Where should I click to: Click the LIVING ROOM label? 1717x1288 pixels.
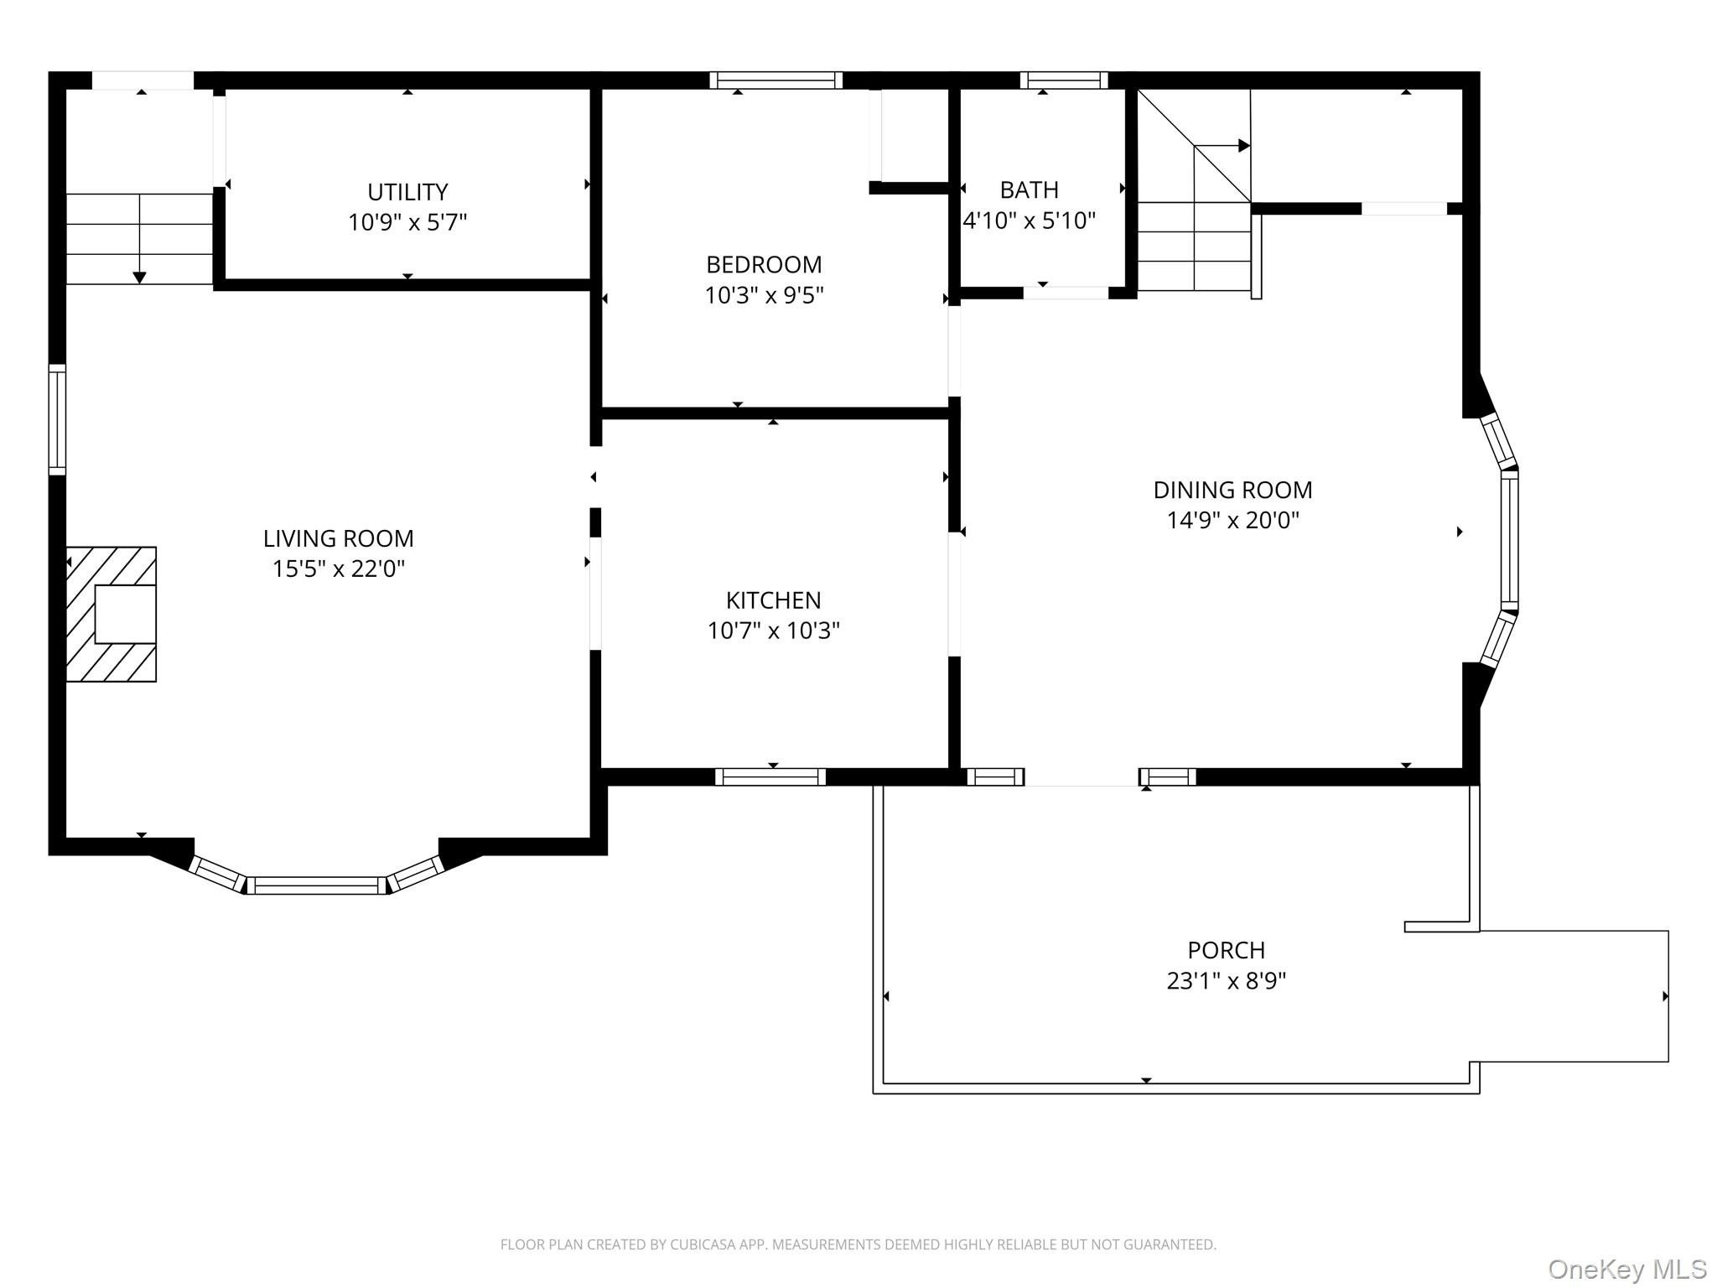(x=339, y=538)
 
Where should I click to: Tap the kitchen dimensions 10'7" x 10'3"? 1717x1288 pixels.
(x=774, y=631)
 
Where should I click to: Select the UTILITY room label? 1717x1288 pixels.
(x=407, y=192)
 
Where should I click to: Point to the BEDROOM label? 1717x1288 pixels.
(x=764, y=265)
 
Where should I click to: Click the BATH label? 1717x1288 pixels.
(x=1030, y=190)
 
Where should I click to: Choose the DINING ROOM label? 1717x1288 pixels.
(x=1233, y=490)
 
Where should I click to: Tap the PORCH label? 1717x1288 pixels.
(x=1227, y=950)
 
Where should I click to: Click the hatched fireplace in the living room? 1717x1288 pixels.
(x=112, y=614)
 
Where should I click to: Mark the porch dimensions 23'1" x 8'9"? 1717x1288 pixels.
(x=1227, y=981)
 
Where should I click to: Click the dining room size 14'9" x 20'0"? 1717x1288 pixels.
(x=1233, y=521)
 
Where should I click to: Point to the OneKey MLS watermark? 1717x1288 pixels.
(x=1627, y=1269)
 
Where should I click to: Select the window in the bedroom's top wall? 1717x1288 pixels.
(x=776, y=80)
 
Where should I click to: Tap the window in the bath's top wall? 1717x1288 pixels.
(x=1064, y=80)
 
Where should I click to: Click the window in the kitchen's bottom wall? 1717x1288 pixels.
(x=770, y=777)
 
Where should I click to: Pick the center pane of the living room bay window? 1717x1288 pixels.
(x=317, y=885)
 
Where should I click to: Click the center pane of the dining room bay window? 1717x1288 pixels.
(x=1509, y=541)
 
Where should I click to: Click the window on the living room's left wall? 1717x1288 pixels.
(x=57, y=420)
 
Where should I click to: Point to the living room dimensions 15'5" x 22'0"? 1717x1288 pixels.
(x=339, y=569)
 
